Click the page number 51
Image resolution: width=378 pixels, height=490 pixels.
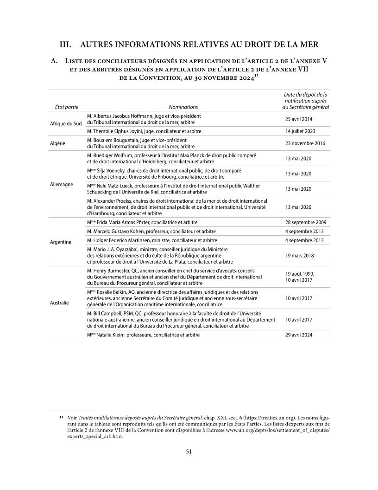[189, 451]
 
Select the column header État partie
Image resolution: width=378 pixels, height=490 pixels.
[67, 107]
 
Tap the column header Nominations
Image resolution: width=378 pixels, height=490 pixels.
[183, 107]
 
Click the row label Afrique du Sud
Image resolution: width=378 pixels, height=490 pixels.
[66, 123]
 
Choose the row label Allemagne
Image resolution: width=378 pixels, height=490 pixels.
[62, 184]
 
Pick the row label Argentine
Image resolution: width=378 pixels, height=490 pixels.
[61, 242]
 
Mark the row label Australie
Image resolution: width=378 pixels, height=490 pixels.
[60, 303]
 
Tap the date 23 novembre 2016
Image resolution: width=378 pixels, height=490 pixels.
[305, 143]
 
